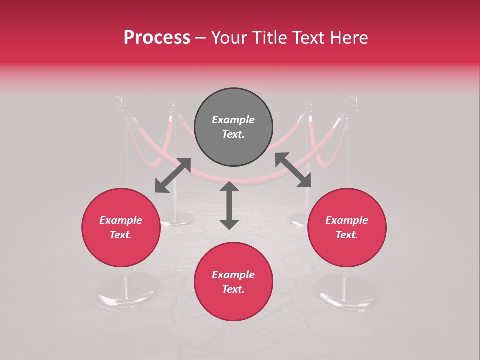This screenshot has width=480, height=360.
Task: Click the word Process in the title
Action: click(x=157, y=38)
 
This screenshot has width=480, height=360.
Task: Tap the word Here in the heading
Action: click(x=348, y=38)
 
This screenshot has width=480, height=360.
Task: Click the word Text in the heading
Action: click(x=308, y=38)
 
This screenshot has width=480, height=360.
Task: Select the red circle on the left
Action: click(x=121, y=227)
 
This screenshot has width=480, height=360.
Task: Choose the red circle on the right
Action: click(x=347, y=227)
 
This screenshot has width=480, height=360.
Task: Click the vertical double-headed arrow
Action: click(x=229, y=205)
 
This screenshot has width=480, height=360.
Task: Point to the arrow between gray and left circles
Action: click(x=173, y=175)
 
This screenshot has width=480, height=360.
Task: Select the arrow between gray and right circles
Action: click(x=293, y=170)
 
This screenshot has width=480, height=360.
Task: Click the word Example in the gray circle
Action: click(x=233, y=120)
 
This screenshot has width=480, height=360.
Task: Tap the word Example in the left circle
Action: click(x=121, y=220)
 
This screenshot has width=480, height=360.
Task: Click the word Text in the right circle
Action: click(x=347, y=235)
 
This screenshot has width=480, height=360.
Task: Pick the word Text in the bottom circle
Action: click(x=233, y=289)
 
